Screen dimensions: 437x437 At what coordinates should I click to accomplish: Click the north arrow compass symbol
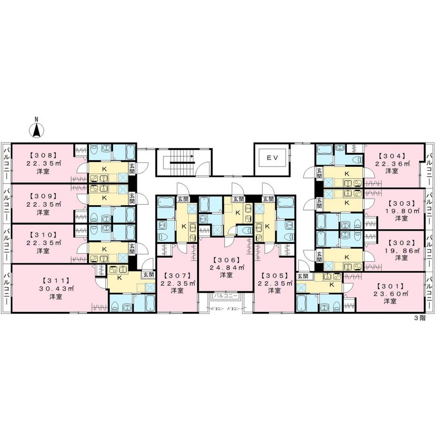coord(37,129)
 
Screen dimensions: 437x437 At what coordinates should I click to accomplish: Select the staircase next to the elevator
coord(183,162)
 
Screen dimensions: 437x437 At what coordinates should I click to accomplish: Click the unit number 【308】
coord(43,156)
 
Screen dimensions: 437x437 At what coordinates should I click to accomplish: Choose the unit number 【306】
coord(226,260)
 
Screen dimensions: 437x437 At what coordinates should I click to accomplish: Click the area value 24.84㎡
coord(226,268)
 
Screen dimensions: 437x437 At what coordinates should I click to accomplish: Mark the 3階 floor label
coord(420,318)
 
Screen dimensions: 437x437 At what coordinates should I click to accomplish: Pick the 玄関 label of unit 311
coord(149,275)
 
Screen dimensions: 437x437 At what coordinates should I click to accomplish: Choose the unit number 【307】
coord(177,275)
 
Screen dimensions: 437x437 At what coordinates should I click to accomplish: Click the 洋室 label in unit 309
coord(43,212)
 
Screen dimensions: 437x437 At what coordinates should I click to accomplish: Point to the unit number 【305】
coord(274,275)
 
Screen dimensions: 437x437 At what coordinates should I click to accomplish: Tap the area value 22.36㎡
coord(392,163)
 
